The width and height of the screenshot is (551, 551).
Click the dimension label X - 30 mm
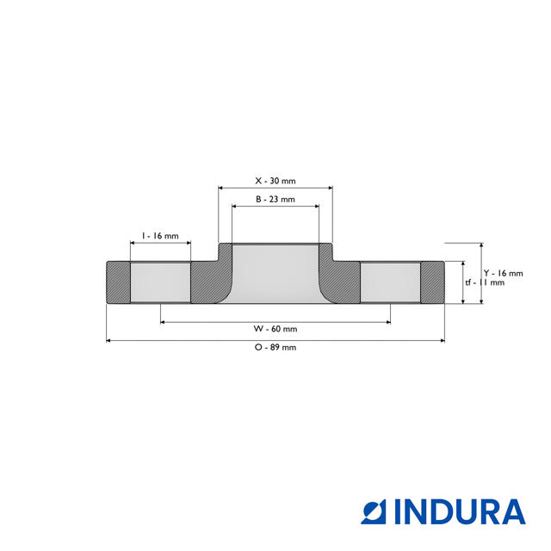275,181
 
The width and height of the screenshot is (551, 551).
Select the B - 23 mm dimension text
275,199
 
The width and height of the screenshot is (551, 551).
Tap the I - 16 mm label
160,236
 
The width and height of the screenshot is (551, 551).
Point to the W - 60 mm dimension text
275,329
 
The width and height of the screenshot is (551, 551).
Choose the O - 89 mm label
275,347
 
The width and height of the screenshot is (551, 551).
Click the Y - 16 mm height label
503,273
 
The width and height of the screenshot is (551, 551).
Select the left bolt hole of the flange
160,282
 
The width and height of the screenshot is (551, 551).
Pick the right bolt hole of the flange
390,282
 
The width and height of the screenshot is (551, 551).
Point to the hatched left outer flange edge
118,282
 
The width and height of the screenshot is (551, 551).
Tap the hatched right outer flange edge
431,282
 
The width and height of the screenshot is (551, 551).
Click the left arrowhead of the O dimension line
109,341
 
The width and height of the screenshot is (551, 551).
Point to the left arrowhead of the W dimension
164,323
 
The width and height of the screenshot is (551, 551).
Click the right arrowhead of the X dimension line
330,187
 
